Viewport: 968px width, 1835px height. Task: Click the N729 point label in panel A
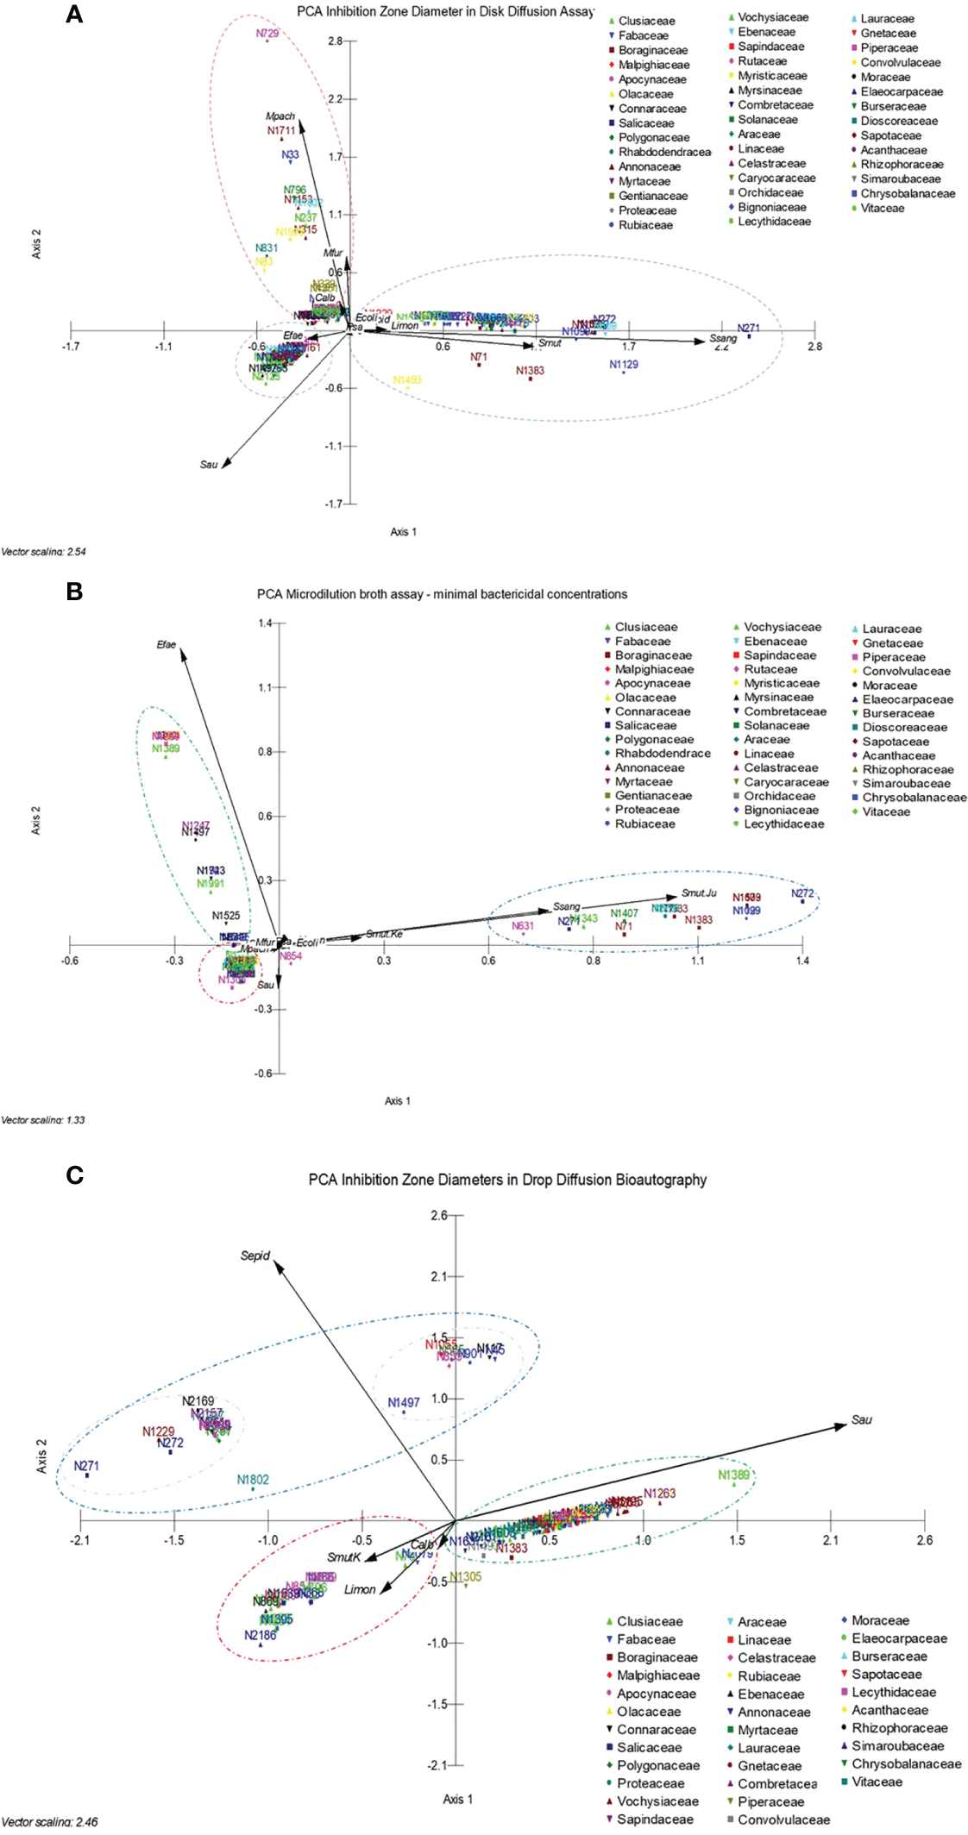(x=267, y=34)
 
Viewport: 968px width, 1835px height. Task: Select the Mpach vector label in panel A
(x=280, y=116)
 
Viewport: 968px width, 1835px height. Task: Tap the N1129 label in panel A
(x=624, y=365)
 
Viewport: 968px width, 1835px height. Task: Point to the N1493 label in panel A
(x=407, y=380)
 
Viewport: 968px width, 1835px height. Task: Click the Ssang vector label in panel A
(x=723, y=339)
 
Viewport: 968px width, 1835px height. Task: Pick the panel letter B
(x=75, y=592)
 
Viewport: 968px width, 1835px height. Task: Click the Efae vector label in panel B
(x=167, y=645)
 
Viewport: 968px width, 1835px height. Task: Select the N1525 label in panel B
(x=226, y=916)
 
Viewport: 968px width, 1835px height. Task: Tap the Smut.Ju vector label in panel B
(x=699, y=893)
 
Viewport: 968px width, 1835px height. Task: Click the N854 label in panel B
(x=291, y=955)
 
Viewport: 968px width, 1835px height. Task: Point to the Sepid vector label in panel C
(x=255, y=1256)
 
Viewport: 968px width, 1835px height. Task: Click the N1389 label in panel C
(x=734, y=1475)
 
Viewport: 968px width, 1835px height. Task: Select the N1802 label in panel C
(x=253, y=1480)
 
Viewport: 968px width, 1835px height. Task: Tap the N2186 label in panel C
(x=261, y=1635)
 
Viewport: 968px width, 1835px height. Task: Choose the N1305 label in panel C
(x=466, y=1577)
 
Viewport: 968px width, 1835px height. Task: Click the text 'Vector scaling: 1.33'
(x=43, y=1120)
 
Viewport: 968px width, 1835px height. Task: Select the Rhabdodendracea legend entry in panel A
(x=664, y=153)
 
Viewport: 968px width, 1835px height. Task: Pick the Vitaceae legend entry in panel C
(x=877, y=1782)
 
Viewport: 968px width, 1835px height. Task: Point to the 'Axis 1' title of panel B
(x=398, y=1101)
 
